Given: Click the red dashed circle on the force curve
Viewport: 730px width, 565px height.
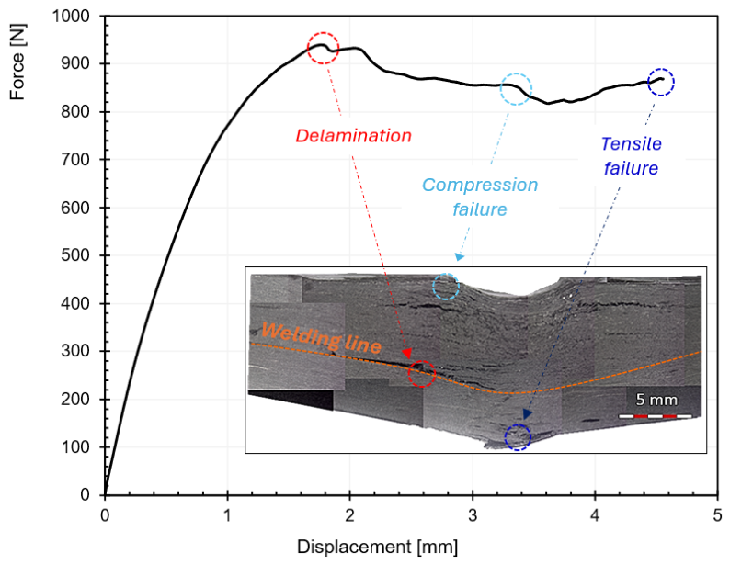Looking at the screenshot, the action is [x=308, y=48].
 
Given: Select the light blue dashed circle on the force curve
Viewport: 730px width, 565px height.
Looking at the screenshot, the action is [x=501, y=89].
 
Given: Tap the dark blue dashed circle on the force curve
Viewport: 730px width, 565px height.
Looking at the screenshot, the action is [x=648, y=83].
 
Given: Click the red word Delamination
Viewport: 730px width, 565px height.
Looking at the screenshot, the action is [x=353, y=136].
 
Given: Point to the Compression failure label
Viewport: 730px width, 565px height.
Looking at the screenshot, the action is [x=480, y=198].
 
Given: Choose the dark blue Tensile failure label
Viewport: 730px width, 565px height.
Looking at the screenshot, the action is [x=631, y=156].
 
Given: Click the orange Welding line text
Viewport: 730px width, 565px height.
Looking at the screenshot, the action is [x=321, y=337].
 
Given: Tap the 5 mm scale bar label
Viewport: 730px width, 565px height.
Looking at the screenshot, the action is [x=656, y=400].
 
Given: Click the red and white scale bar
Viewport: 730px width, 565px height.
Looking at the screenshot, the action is [x=655, y=416].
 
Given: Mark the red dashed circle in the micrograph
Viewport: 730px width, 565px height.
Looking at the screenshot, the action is [x=409, y=373].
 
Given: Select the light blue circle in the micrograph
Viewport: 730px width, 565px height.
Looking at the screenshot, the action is [x=433, y=287].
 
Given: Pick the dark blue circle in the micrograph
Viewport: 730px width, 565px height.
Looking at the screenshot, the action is [x=505, y=437].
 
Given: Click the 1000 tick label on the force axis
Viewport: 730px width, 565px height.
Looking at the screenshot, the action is [x=70, y=17].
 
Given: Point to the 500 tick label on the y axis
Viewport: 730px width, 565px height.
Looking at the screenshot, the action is [x=75, y=255].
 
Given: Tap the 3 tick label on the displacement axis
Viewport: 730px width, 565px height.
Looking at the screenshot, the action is [x=473, y=515].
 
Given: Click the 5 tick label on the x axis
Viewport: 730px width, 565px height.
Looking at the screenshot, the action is [x=717, y=515].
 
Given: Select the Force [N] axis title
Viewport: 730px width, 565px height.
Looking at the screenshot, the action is [x=17, y=62].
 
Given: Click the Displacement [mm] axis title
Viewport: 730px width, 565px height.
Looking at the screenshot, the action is [x=377, y=547].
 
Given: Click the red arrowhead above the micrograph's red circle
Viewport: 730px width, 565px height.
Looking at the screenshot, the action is [x=407, y=355].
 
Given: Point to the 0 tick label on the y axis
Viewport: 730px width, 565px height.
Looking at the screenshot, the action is [x=85, y=495].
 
